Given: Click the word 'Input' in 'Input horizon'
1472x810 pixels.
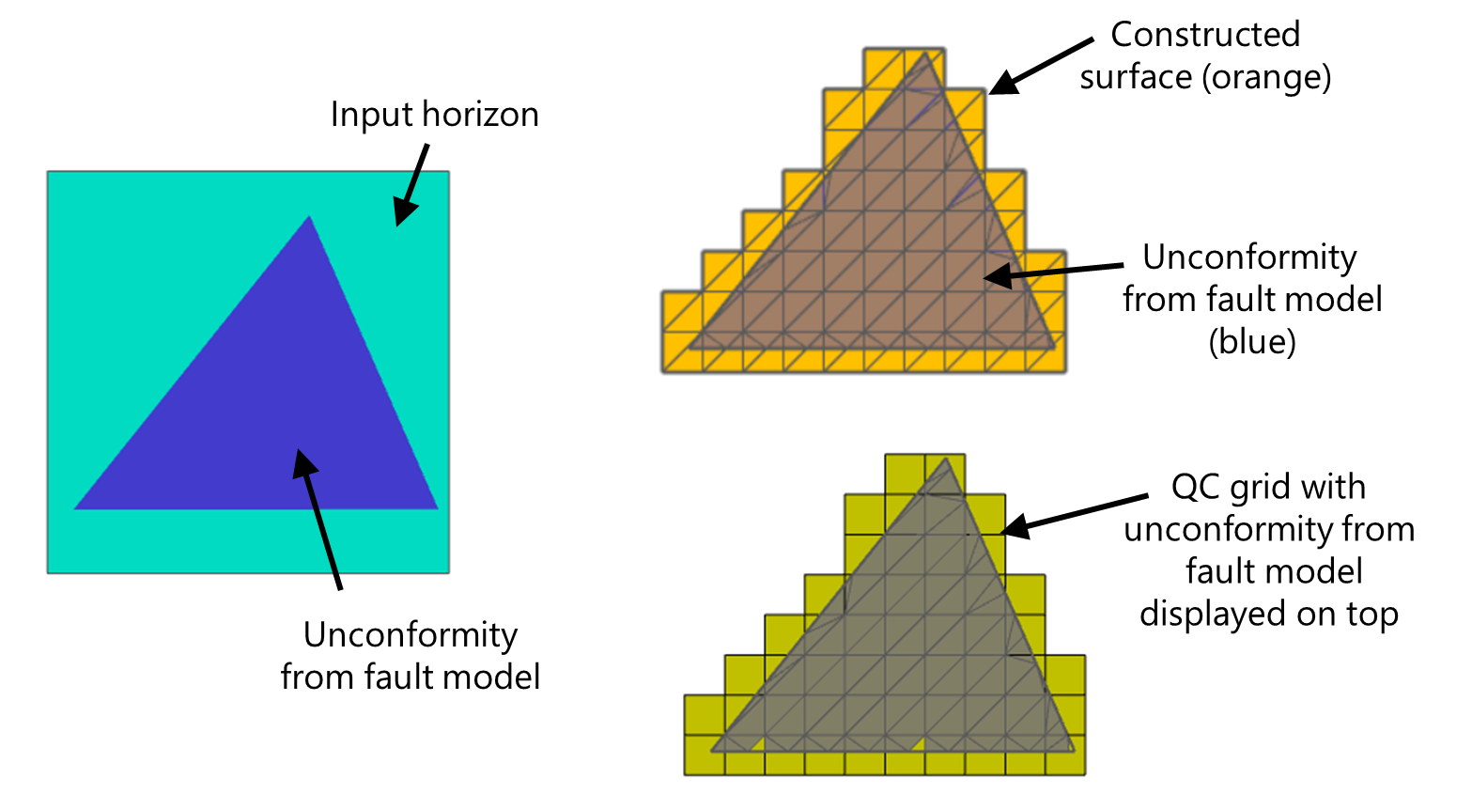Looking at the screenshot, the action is [x=372, y=116].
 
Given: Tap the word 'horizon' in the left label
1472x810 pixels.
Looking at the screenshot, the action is [x=481, y=114].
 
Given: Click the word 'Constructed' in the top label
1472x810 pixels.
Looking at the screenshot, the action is [x=1205, y=34].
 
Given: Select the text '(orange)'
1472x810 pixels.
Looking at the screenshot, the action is [x=1266, y=78].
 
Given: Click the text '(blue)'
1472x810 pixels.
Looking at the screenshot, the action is [x=1252, y=342].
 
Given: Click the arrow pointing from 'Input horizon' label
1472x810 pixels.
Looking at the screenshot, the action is [x=411, y=185].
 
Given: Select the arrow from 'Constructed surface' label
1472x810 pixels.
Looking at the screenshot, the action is [x=1041, y=66].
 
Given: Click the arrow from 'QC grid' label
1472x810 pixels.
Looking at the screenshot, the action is [x=1074, y=516].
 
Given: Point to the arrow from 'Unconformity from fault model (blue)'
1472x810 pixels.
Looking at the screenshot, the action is [x=1053, y=272].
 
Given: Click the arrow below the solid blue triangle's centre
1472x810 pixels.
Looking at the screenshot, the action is [x=318, y=520].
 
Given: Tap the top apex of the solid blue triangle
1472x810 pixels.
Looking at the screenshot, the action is [x=309, y=215].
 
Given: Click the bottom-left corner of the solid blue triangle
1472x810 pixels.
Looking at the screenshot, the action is [x=74, y=509].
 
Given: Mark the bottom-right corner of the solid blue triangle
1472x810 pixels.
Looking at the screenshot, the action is [x=439, y=509].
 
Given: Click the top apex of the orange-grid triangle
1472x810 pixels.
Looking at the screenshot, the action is [x=925, y=52].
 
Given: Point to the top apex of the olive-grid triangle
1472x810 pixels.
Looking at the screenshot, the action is [x=945, y=458].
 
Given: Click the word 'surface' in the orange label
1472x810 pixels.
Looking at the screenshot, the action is [x=1136, y=78].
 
